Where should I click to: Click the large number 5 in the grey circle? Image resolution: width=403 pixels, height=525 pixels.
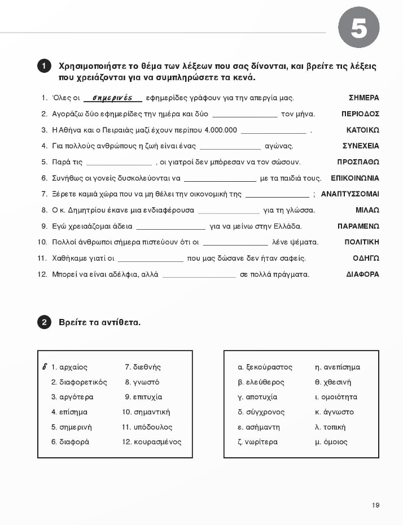pos(358,28)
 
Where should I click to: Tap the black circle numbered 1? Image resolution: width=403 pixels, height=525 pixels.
pos(45,67)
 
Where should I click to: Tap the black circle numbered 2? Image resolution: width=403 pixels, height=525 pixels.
pos(45,323)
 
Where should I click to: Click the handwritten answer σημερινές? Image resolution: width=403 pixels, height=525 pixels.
pos(112,98)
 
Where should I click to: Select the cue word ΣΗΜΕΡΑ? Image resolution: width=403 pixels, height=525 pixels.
pos(364,98)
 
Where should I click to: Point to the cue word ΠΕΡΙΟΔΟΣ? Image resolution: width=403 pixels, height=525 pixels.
pos(360,114)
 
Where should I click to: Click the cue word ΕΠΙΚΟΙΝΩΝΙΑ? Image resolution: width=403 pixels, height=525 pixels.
pos(355,178)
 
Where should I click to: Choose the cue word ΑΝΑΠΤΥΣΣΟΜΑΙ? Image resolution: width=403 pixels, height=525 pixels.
pos(350,194)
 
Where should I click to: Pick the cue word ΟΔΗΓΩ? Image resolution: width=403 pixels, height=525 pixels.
pos(366,258)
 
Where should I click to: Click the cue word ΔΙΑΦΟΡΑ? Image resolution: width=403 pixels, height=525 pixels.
pos(362,274)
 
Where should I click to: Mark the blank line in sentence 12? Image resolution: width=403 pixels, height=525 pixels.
pos(199,276)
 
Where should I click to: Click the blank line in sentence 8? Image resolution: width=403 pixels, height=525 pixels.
pos(229,212)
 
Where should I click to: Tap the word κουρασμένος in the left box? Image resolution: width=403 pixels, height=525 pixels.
pos(157,442)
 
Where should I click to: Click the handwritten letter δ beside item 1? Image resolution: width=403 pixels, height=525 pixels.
pos(45,366)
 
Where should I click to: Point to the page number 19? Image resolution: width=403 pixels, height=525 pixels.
pos(375,505)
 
